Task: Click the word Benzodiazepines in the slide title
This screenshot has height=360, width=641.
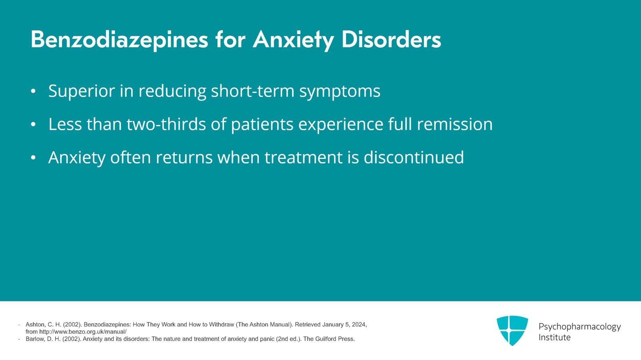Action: (x=119, y=40)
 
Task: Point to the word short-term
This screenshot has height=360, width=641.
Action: (x=253, y=91)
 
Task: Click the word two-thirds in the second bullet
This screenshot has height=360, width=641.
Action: (x=166, y=124)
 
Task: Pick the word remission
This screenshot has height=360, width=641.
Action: (x=455, y=124)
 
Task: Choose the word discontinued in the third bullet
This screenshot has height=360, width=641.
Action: (x=414, y=157)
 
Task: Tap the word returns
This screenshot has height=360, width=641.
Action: (x=184, y=158)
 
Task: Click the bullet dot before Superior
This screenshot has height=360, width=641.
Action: (x=33, y=91)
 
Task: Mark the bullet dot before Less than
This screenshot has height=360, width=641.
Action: (x=33, y=125)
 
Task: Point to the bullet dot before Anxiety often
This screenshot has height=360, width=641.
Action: (x=33, y=157)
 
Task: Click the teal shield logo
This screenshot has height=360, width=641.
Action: (x=512, y=330)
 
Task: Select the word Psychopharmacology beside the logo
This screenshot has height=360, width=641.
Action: (x=580, y=327)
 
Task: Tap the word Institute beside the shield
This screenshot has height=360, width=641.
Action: (x=554, y=338)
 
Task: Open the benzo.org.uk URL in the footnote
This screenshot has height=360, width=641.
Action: (x=83, y=332)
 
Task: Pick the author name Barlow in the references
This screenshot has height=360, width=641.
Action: (x=34, y=339)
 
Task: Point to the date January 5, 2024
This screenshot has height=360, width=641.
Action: (x=344, y=324)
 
